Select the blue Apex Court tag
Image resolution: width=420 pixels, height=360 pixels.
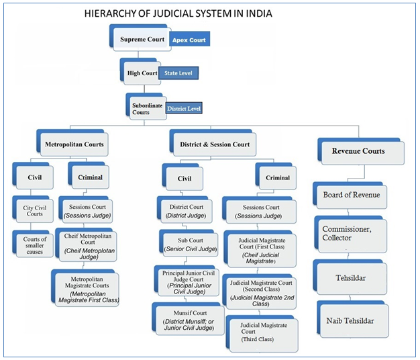tap(190, 40)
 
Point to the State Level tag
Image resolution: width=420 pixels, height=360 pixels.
tap(178, 73)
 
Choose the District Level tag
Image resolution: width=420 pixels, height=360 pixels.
tap(183, 107)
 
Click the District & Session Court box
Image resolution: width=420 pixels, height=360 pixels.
tap(215, 144)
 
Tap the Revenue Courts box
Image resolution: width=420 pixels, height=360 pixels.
tap(358, 152)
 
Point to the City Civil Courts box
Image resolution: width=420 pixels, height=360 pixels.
tap(33, 210)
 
